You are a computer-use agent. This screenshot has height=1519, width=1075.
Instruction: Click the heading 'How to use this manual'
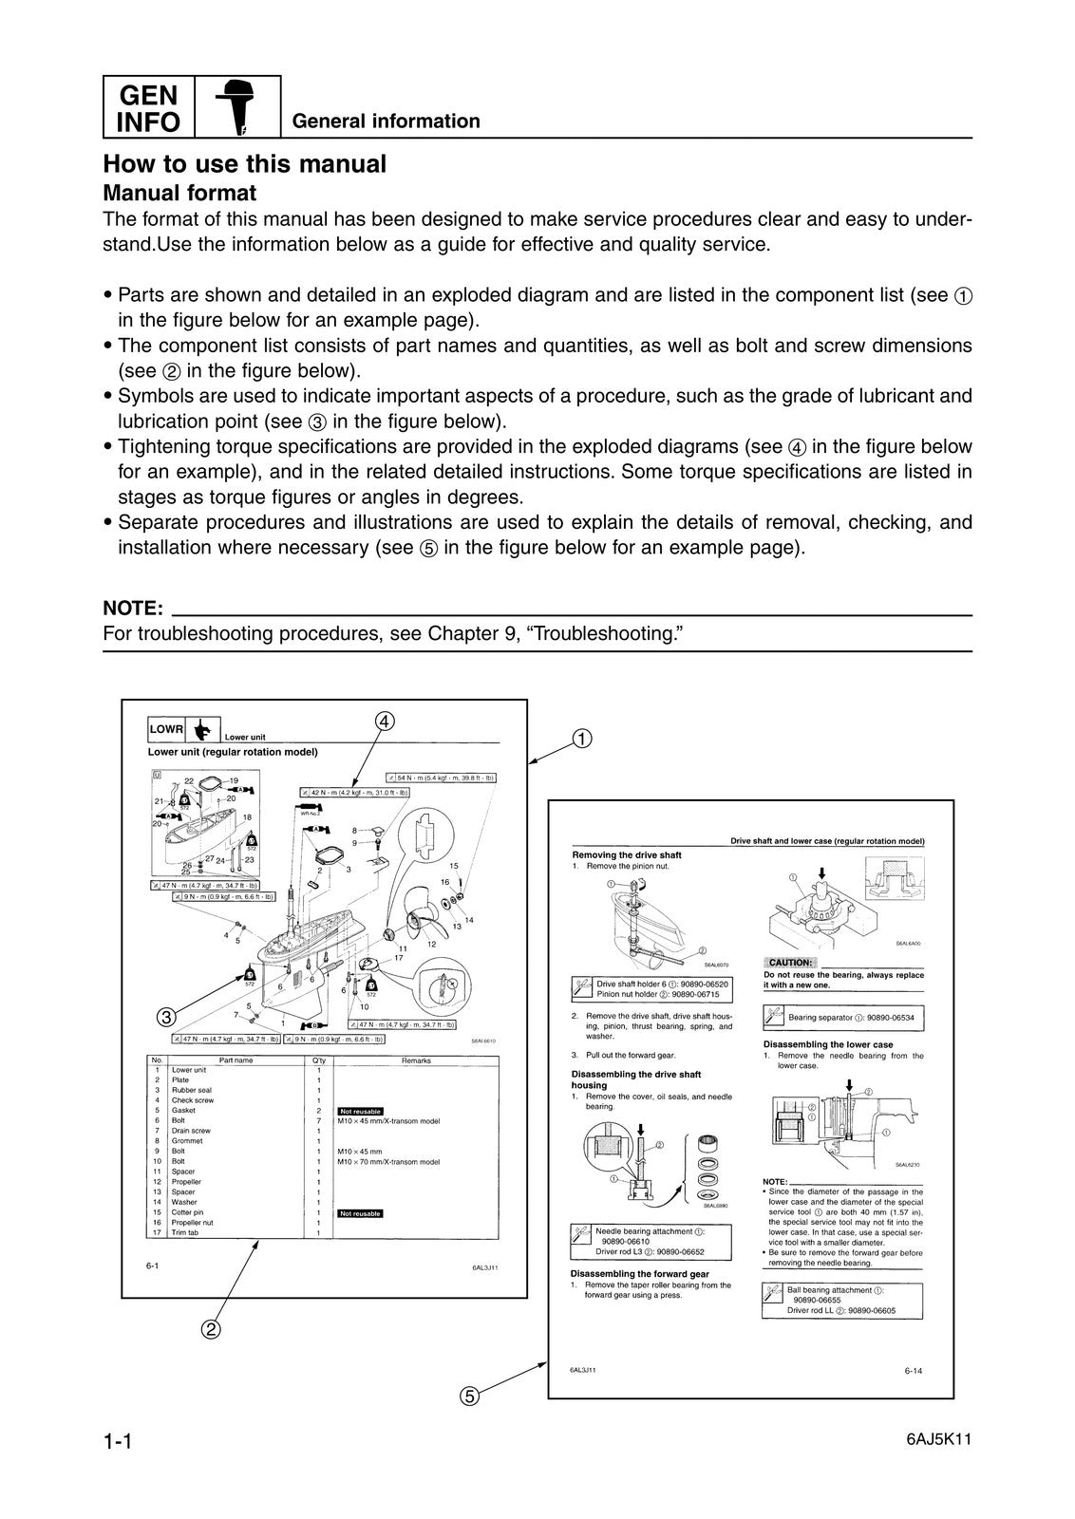(x=244, y=164)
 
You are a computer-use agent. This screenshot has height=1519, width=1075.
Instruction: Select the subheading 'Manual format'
(x=179, y=193)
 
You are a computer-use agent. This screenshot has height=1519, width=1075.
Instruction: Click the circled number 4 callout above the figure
(x=384, y=722)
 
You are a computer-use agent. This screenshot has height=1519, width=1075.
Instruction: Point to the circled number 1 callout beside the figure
(x=581, y=739)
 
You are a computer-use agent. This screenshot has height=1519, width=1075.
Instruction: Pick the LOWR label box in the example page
(x=166, y=730)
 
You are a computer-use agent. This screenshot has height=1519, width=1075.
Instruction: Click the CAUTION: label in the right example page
(x=790, y=963)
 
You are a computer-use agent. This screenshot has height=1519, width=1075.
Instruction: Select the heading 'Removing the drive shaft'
(x=626, y=854)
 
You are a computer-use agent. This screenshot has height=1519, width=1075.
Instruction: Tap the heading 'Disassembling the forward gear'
(x=639, y=1273)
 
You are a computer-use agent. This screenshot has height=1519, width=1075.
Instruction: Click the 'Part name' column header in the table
(x=236, y=1060)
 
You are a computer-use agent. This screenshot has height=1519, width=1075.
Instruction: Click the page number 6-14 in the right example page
(x=915, y=1370)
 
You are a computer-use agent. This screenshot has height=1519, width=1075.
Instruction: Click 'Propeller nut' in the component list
(x=192, y=1222)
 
